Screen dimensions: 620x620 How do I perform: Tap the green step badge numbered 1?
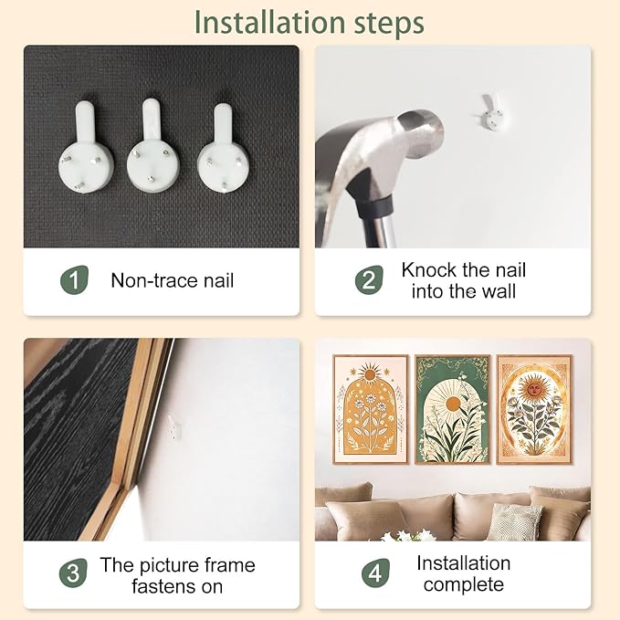coord(74,280)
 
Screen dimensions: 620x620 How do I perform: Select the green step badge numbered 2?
coord(369,280)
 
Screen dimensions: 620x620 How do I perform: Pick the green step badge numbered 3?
coord(73,573)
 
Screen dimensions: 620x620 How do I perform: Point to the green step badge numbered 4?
coord(375,573)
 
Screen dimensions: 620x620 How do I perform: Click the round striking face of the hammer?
coord(420,133)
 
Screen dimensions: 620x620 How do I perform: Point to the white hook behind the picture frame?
coord(174,427)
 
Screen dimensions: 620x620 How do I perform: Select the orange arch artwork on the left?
coord(371,409)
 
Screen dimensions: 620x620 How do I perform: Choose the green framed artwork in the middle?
coord(453,409)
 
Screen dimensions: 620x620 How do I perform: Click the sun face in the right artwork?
coord(534,389)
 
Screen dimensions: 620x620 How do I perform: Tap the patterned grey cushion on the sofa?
coord(514,521)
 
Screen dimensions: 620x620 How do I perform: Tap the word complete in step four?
coord(464,584)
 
